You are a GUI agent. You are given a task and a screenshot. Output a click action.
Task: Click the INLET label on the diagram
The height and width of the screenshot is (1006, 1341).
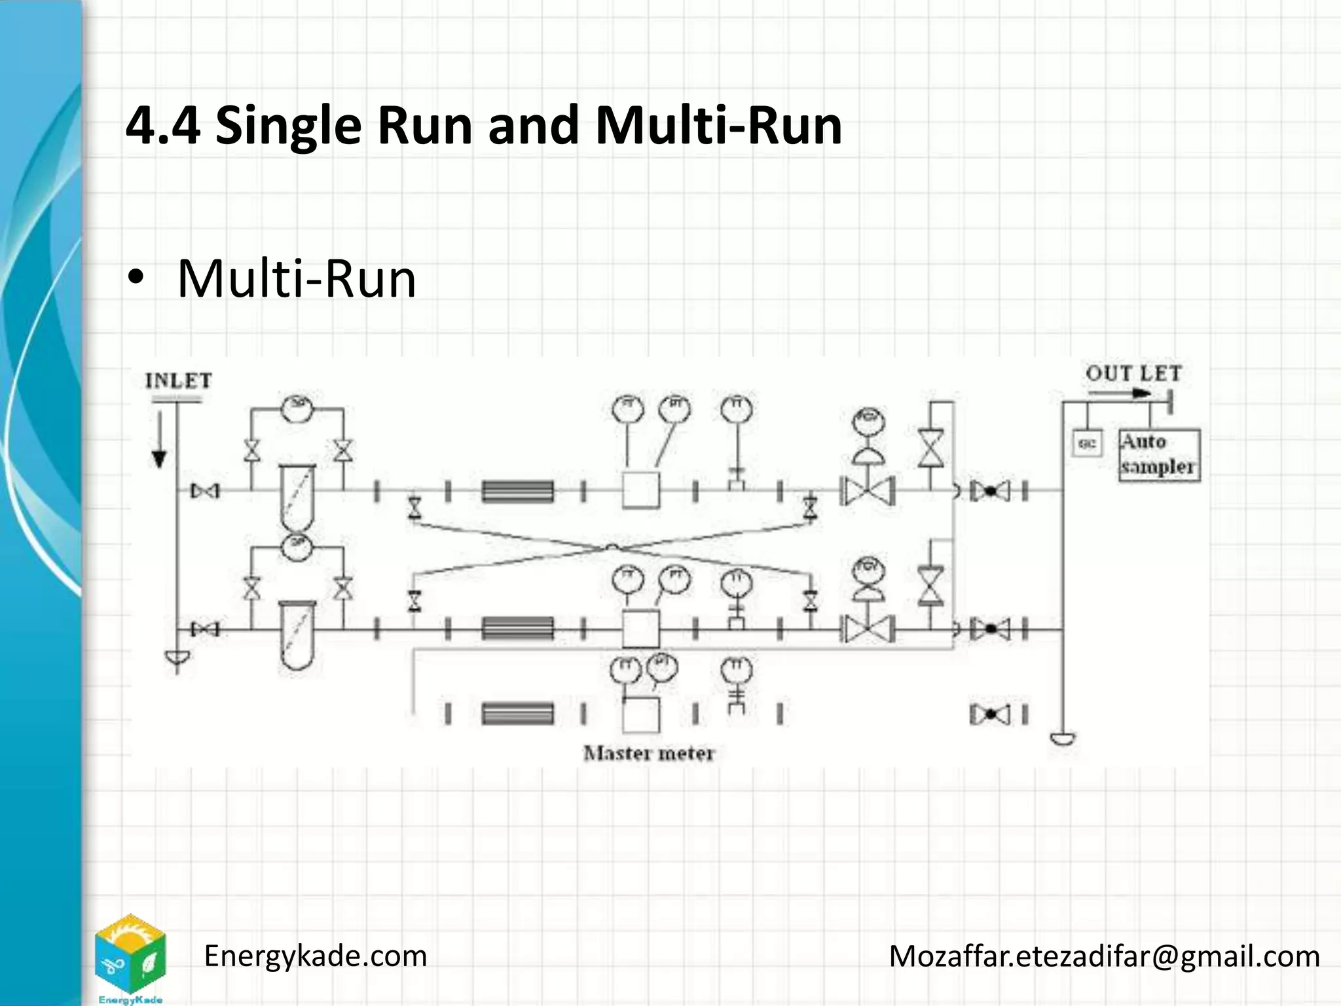(178, 381)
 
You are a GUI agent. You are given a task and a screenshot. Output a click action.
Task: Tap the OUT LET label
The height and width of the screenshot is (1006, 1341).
(1133, 374)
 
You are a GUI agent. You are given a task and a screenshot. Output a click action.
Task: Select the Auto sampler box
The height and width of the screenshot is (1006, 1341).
(1159, 455)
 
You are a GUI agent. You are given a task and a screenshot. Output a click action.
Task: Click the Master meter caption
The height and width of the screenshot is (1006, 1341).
(648, 753)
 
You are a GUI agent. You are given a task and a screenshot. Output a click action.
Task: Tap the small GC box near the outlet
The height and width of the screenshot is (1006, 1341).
(1086, 443)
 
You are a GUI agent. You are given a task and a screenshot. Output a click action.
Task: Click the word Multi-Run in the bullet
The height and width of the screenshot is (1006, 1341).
(297, 279)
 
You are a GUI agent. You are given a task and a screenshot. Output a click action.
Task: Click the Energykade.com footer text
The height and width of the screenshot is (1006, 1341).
(316, 956)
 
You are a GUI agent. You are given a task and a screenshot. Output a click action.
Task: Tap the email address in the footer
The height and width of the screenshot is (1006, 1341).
(1104, 956)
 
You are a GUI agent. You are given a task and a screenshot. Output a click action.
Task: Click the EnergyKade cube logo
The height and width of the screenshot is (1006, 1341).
(130, 956)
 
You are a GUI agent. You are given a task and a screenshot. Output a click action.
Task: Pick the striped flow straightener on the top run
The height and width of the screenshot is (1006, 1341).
(517, 491)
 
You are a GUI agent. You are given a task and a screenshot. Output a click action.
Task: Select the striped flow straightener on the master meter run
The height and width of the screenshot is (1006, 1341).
(517, 713)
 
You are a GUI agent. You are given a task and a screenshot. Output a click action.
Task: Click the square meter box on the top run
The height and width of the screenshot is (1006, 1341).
(640, 490)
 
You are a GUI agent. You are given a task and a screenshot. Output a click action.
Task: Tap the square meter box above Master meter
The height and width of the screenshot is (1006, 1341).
(640, 715)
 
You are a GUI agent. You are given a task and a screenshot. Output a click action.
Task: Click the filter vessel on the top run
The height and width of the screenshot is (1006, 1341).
(297, 498)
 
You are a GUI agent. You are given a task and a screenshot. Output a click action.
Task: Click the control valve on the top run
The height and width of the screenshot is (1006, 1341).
(868, 490)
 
